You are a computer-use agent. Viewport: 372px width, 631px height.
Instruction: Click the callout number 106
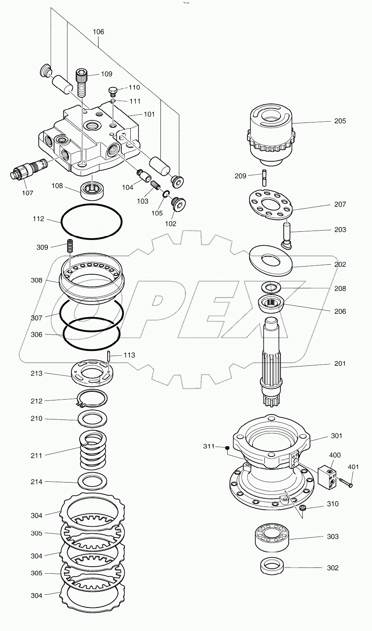click(98, 32)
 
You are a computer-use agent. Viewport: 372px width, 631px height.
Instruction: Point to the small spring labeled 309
click(70, 247)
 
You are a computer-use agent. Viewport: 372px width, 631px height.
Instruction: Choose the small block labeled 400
click(327, 476)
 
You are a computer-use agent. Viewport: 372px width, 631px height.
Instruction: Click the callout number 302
click(332, 568)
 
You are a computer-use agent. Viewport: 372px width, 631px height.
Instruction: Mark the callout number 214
click(36, 481)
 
